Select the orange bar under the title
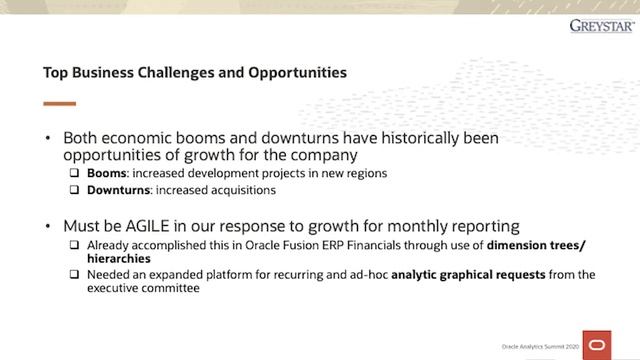[x=59, y=103]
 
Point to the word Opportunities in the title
[x=298, y=73]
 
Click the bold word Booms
[x=106, y=173]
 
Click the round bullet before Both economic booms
[x=47, y=138]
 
